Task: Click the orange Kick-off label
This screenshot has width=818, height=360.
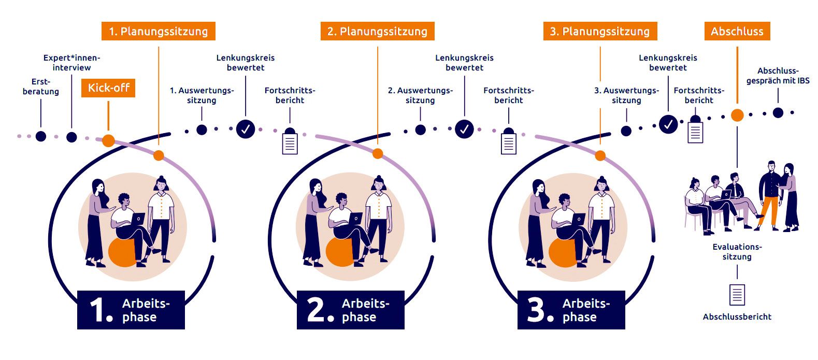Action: [108, 88]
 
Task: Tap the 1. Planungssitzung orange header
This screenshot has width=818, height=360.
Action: [158, 31]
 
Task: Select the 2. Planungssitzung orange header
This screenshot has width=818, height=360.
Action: [377, 31]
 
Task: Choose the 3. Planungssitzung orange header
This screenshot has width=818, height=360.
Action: [600, 31]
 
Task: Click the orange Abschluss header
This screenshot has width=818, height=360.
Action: [737, 31]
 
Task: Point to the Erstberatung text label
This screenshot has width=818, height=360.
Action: [41, 87]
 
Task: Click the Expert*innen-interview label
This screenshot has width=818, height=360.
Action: [71, 63]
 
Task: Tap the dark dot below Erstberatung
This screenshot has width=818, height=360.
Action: [41, 136]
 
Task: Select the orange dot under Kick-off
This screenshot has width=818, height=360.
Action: [108, 140]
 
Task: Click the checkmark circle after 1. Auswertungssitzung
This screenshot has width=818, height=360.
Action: [246, 129]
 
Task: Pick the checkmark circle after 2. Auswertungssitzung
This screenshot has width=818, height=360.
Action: [464, 129]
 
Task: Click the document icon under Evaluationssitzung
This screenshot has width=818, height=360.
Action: [737, 295]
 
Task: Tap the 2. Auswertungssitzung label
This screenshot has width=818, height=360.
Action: [420, 95]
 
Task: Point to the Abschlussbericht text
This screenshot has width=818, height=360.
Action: [737, 316]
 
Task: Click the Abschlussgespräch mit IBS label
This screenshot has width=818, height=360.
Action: [778, 76]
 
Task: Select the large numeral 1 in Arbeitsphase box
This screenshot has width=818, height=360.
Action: [100, 310]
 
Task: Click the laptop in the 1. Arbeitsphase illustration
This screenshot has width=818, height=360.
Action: [138, 219]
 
